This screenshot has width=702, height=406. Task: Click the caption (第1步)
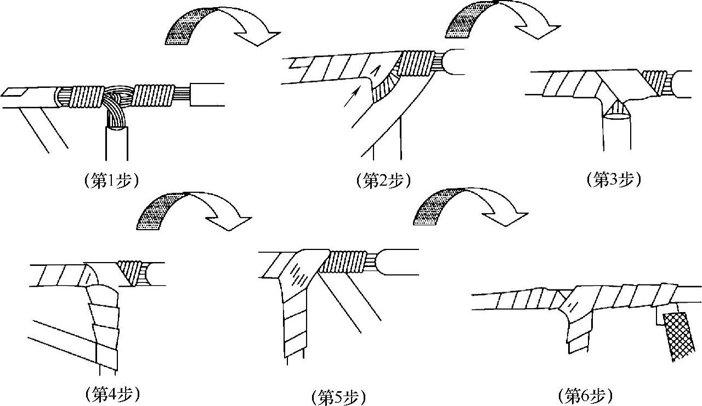pos(109,181)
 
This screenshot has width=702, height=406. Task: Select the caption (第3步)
pos(614,179)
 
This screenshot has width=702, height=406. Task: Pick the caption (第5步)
pos(338,397)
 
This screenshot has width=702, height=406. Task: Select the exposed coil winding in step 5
pos(344,262)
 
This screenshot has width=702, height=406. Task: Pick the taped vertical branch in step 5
pos(295,319)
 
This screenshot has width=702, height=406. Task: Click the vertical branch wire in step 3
pos(617,132)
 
